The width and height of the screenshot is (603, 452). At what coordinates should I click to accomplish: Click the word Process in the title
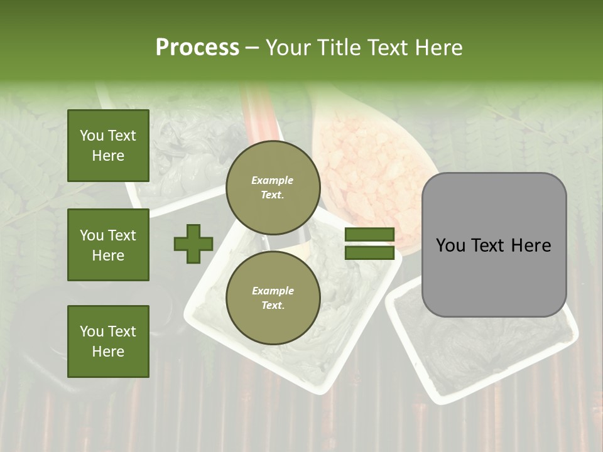(197, 48)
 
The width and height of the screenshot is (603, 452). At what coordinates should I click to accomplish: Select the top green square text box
(108, 146)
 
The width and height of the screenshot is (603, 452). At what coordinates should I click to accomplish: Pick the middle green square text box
(108, 245)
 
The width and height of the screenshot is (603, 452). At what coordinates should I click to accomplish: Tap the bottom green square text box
(108, 342)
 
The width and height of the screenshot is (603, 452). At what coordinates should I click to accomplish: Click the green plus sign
(193, 244)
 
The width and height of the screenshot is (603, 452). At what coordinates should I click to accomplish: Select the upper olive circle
(273, 187)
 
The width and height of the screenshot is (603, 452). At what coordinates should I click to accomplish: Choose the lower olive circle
(273, 298)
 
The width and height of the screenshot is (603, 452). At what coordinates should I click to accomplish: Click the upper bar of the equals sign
(369, 235)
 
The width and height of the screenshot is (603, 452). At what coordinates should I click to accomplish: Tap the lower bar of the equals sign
(369, 253)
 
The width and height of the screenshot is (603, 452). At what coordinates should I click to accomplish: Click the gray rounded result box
(494, 276)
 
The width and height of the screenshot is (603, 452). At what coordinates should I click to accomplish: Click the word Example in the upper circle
(273, 180)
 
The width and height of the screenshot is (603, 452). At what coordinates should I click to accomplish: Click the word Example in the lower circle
(273, 291)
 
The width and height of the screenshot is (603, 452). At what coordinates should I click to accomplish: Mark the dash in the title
(253, 48)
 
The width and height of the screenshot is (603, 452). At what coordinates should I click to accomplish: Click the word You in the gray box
(450, 245)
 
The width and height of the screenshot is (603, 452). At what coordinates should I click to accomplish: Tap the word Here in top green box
(108, 156)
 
